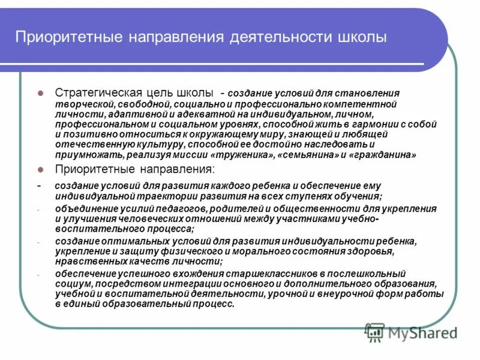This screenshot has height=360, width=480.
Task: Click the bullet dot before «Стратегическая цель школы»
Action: tap(41, 94)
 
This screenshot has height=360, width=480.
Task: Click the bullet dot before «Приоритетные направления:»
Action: tap(41, 170)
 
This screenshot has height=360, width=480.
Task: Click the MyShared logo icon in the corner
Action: tap(375, 331)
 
